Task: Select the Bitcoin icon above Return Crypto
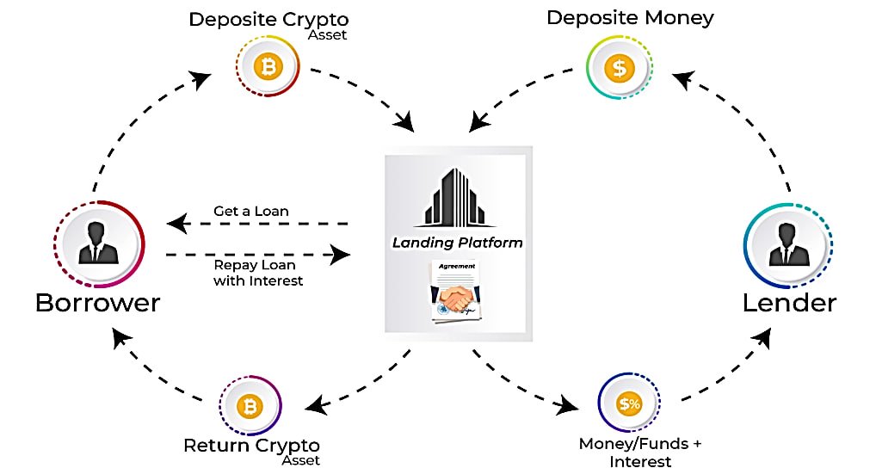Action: click(x=250, y=406)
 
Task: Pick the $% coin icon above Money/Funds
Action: click(x=630, y=403)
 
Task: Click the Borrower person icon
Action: click(x=98, y=243)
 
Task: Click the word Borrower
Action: click(x=97, y=303)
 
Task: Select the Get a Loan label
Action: click(x=250, y=211)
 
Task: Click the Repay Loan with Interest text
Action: click(x=258, y=273)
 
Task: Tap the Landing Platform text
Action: click(x=457, y=243)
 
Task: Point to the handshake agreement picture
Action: click(x=457, y=297)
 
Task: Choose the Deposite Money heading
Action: click(x=630, y=17)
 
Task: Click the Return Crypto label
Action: click(x=251, y=446)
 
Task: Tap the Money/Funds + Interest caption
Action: click(x=640, y=453)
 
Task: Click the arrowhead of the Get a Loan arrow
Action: click(x=176, y=225)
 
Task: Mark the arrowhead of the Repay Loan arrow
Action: click(x=342, y=255)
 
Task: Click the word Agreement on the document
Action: click(x=456, y=267)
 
